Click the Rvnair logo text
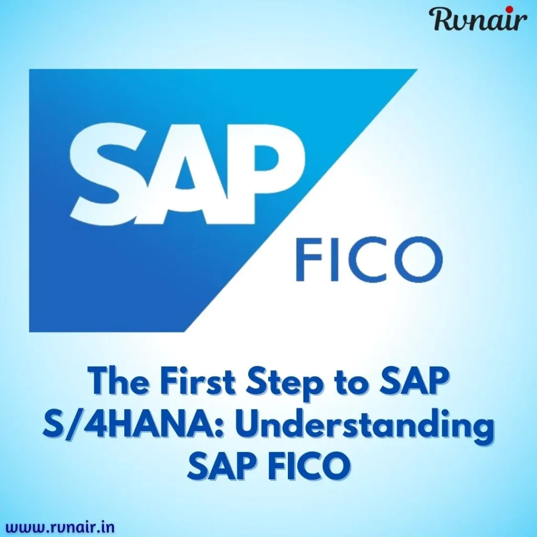click(x=478, y=20)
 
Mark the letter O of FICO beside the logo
click(x=416, y=260)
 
